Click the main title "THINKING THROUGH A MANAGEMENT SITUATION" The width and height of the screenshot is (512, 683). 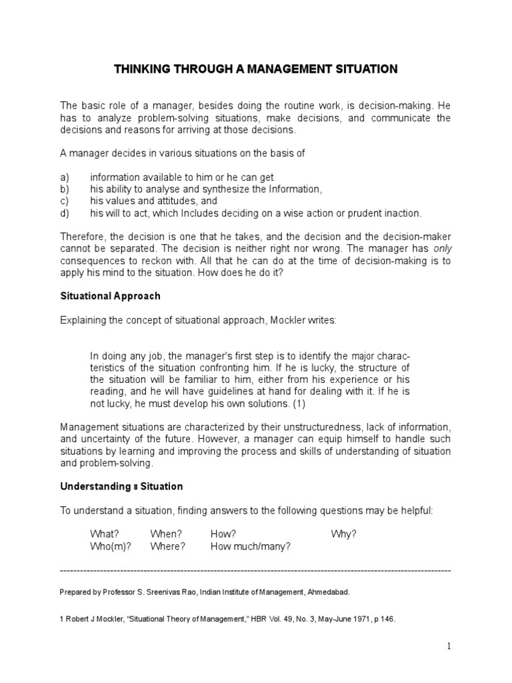click(x=256, y=69)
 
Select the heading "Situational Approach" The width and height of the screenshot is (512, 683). click(x=110, y=295)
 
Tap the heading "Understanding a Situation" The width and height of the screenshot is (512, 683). click(x=121, y=486)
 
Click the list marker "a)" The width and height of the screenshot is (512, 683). click(x=65, y=177)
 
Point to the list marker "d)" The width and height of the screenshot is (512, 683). click(x=65, y=213)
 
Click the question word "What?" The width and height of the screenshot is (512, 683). click(x=105, y=534)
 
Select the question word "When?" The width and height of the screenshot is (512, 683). click(x=166, y=534)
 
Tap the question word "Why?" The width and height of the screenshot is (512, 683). click(x=344, y=534)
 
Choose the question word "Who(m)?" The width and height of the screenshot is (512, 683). click(x=111, y=546)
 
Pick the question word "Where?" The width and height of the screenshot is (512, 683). click(x=168, y=546)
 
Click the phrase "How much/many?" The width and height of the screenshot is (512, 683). click(x=251, y=546)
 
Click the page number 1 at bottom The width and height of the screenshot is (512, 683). click(x=449, y=646)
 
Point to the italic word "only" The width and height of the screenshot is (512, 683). click(x=441, y=248)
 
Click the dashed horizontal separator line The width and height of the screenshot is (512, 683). click(x=255, y=571)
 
